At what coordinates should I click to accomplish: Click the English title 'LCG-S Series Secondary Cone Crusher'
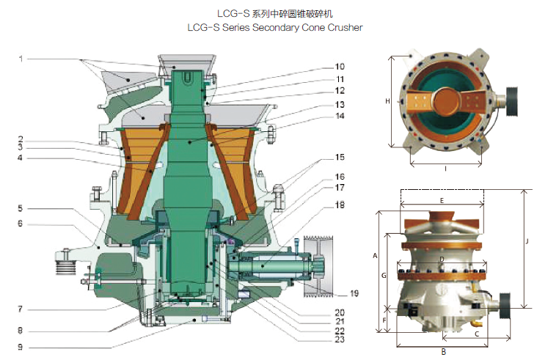[274, 27]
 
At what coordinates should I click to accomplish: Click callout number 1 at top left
[22, 59]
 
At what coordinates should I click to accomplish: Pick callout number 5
[22, 208]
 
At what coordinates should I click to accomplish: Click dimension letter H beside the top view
[387, 101]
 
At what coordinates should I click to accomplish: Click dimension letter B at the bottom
[443, 352]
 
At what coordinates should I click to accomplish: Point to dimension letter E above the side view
[442, 199]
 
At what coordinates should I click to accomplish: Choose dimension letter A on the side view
[375, 256]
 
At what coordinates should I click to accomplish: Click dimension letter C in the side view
[477, 334]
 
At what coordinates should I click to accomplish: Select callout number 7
[22, 308]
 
